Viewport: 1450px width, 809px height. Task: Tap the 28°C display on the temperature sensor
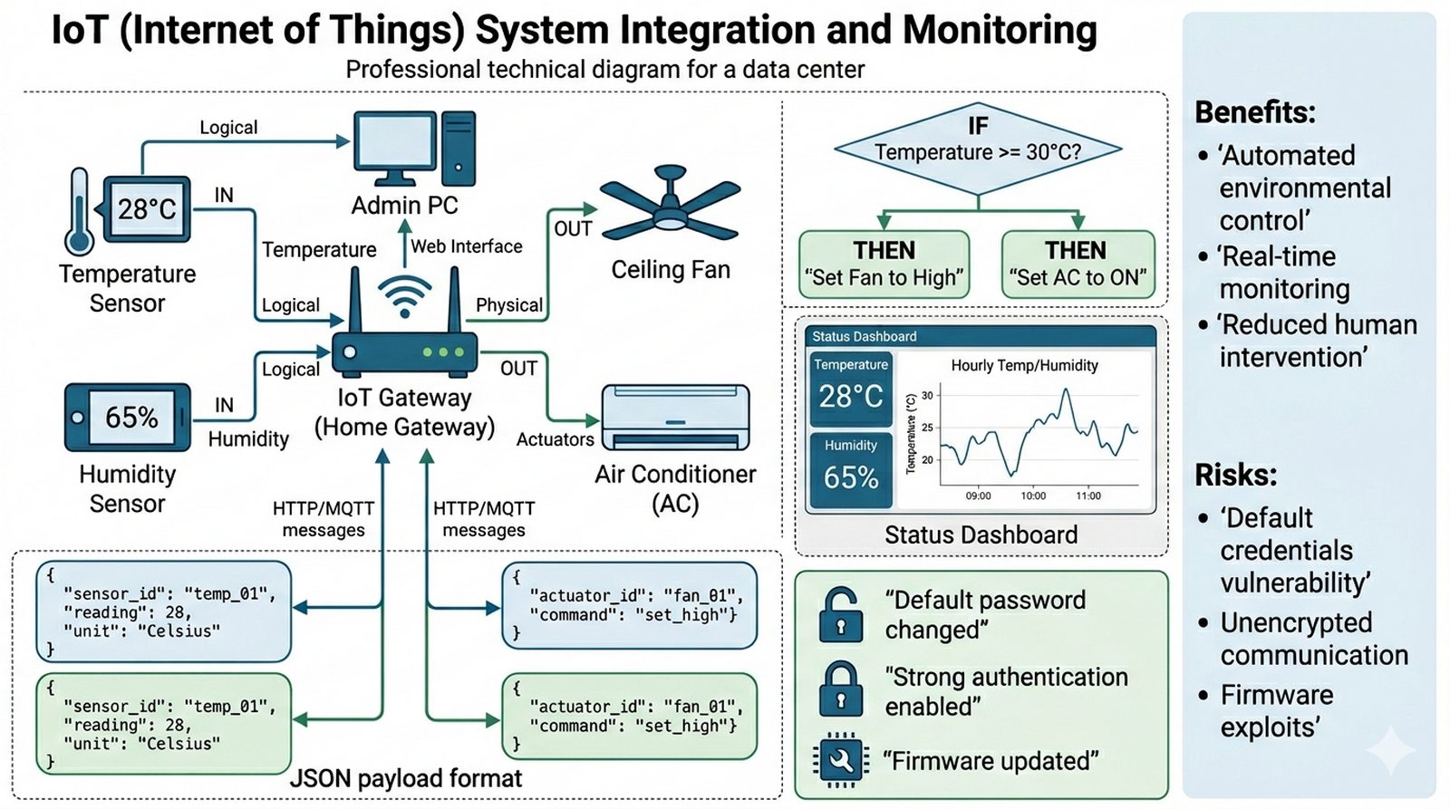147,209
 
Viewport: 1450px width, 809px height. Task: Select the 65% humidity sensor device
128,417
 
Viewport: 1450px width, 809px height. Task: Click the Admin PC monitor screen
394,144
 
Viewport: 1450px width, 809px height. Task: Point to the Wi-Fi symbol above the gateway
404,295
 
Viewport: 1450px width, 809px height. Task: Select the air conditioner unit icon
676,418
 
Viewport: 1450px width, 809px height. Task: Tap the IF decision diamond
978,149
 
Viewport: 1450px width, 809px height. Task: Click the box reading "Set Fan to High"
884,265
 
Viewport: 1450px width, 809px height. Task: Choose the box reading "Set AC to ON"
1078,265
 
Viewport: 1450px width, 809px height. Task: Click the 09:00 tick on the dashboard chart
978,496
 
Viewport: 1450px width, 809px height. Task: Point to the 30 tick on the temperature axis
927,396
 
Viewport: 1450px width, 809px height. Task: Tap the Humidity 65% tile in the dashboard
851,469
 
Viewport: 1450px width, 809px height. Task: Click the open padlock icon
840,614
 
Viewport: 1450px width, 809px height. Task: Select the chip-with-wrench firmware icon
840,760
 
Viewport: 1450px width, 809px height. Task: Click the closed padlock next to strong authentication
840,690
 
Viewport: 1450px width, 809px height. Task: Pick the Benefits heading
1254,112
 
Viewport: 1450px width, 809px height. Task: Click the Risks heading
1235,475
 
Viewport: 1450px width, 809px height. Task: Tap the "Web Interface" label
467,246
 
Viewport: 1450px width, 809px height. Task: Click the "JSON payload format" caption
406,778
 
